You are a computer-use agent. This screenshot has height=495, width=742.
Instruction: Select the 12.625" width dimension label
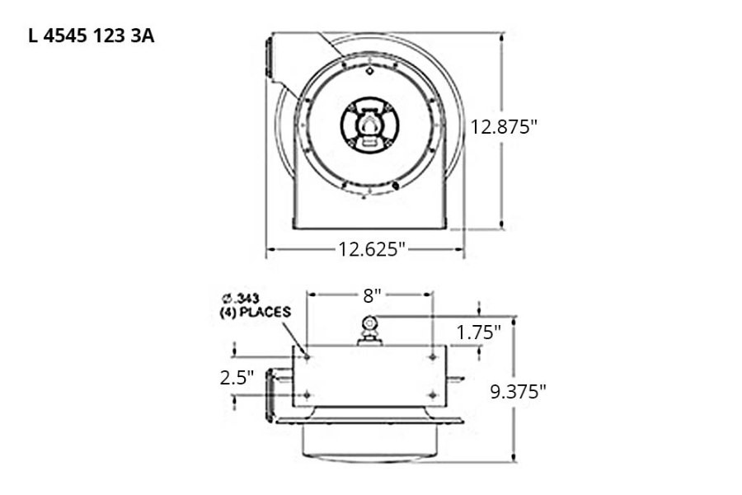tap(373, 248)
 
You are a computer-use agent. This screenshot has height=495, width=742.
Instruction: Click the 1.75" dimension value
tap(479, 332)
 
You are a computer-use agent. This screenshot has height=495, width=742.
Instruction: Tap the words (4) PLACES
tap(255, 312)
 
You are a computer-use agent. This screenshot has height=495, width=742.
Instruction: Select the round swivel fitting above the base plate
tap(369, 323)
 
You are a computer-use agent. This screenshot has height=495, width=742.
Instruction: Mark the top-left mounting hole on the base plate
tap(307, 357)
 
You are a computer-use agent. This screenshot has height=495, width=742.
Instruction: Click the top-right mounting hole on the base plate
tap(432, 357)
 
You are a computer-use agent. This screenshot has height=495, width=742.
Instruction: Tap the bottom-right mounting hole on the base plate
tap(432, 396)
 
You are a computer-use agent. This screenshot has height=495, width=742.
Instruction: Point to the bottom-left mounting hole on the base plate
tap(307, 396)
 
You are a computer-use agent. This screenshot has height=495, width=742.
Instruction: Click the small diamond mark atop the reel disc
tap(369, 72)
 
